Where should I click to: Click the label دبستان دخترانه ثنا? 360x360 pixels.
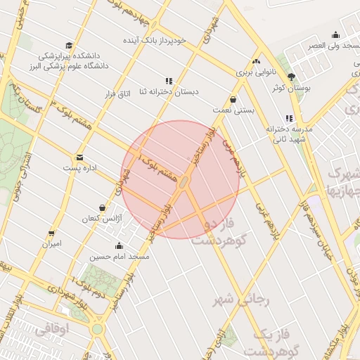(169, 92)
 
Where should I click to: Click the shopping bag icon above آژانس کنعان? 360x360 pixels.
(103, 208)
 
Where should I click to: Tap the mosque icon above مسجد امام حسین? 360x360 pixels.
(119, 246)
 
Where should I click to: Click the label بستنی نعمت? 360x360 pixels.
(232, 110)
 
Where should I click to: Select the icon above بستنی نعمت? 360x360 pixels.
(233, 99)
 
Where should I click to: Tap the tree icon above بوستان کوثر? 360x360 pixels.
(291, 77)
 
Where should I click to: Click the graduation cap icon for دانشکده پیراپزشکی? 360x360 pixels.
(68, 44)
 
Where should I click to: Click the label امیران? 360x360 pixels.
(51, 244)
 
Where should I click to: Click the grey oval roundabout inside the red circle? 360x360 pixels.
(184, 183)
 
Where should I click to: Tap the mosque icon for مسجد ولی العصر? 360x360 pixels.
(335, 34)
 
